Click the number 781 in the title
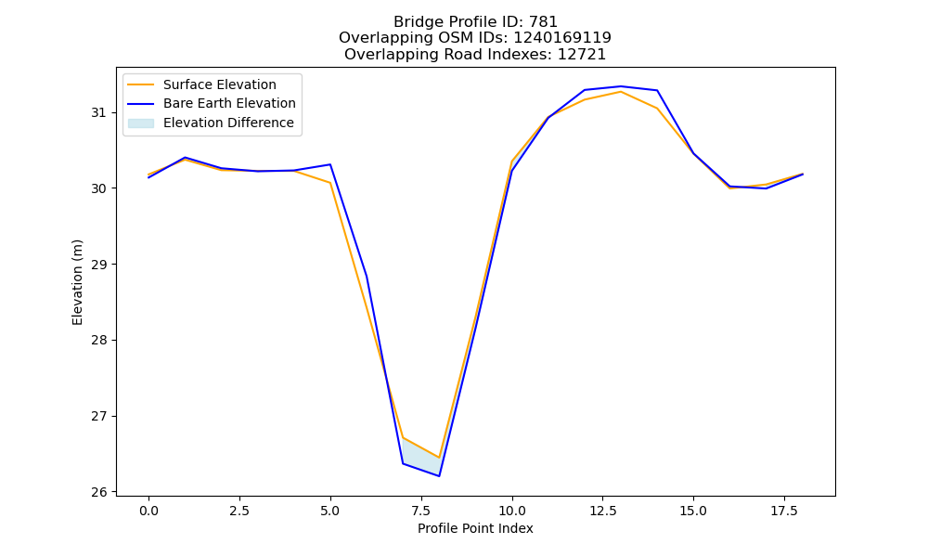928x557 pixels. point(543,22)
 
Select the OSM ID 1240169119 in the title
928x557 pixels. point(562,38)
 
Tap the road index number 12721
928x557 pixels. point(581,55)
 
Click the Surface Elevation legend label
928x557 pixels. point(220,84)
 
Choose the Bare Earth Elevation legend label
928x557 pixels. point(229,103)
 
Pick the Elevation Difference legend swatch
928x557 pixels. point(141,123)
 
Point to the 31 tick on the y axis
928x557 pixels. point(98,112)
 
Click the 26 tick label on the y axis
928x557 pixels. point(98,492)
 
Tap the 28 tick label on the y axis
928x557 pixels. point(98,341)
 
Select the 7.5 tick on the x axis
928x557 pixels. point(420,511)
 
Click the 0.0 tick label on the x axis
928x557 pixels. point(148,511)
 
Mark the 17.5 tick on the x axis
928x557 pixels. point(784,511)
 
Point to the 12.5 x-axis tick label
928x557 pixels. point(602,511)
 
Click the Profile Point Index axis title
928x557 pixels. point(475,528)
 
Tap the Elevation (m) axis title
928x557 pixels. point(78,282)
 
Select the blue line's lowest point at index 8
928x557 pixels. point(439,476)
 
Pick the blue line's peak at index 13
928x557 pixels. point(621,86)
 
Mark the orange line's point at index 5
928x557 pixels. point(330,183)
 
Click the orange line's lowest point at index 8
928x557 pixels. point(439,458)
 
